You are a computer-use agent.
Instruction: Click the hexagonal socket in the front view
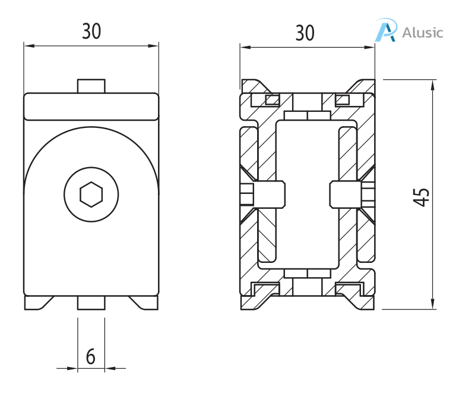[x=91, y=194]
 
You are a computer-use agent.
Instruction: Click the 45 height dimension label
[x=421, y=197]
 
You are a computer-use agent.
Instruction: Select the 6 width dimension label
[x=91, y=357]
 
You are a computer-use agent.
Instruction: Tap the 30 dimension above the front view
[x=91, y=32]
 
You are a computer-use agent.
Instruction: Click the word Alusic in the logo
[x=422, y=32]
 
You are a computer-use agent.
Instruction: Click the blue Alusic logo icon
[x=386, y=30]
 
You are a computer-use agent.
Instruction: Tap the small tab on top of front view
[x=91, y=86]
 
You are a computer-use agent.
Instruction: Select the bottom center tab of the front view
[x=91, y=303]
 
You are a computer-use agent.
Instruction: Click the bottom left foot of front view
[x=37, y=303]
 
